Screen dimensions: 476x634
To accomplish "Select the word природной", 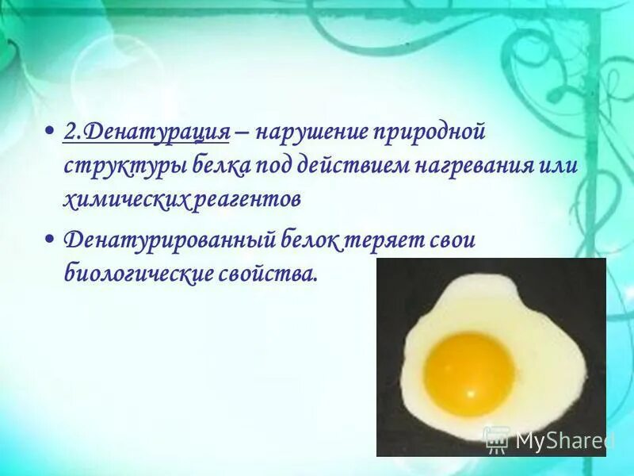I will click(x=436, y=132).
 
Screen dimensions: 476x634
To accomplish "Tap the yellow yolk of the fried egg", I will click(x=468, y=374).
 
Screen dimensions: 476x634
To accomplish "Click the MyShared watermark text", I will click(x=564, y=440).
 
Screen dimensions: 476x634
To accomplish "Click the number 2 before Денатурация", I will click(x=69, y=132).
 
